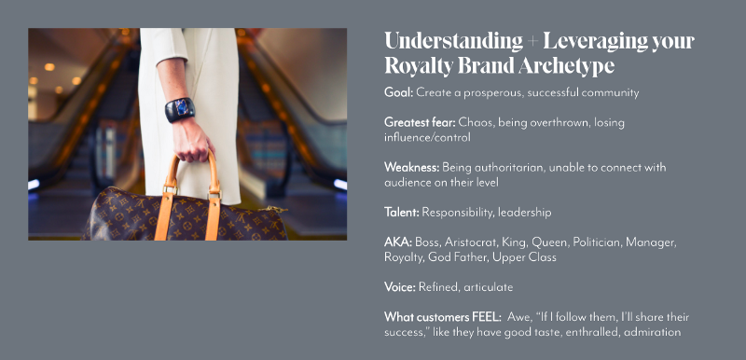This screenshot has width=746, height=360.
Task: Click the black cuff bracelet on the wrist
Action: coord(180,110)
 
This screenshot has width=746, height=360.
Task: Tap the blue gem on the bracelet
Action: coord(182,107)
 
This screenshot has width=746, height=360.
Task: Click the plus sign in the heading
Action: coord(532,42)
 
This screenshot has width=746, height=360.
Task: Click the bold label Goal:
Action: coord(399,92)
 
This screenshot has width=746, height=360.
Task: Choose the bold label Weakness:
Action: coord(412,167)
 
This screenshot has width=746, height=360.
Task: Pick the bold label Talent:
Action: coord(402,212)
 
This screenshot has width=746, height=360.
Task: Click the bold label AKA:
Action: coord(398,242)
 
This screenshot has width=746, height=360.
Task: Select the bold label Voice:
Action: coord(400,287)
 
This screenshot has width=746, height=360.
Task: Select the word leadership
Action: coord(524,213)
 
